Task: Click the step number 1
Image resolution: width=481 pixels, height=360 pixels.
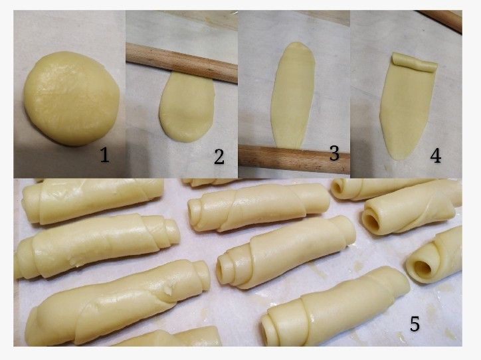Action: point(104,155)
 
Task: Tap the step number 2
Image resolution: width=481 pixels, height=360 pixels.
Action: point(219,156)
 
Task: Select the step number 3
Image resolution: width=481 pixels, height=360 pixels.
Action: point(334,153)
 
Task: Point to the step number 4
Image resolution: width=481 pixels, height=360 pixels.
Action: point(436,155)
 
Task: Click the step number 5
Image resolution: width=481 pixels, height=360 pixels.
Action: point(415,324)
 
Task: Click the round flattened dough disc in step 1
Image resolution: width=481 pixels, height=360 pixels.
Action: point(72,98)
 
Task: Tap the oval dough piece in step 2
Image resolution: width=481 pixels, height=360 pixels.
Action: point(186,107)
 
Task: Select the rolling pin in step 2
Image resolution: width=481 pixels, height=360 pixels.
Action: point(181,62)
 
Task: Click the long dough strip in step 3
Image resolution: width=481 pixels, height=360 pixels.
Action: point(293,95)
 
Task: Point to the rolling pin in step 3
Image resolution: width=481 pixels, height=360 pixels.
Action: point(294,159)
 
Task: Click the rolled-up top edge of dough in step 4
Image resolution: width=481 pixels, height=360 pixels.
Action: point(415,62)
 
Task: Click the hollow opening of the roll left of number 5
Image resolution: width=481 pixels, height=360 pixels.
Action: point(423,268)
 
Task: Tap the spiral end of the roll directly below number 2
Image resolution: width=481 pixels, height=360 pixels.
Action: point(194,212)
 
